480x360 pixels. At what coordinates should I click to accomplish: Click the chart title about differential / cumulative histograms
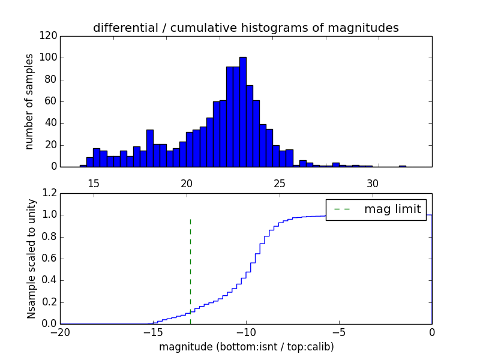click(x=246, y=28)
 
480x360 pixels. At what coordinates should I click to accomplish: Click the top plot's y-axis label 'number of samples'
click(x=29, y=101)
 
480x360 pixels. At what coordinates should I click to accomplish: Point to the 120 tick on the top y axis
click(x=50, y=36)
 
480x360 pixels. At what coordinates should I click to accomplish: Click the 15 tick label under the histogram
click(x=94, y=183)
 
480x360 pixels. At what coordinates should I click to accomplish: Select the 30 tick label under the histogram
click(x=373, y=183)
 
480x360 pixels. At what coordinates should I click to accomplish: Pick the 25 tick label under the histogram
click(x=280, y=183)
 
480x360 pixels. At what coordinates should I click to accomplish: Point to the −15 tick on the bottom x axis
click(x=153, y=332)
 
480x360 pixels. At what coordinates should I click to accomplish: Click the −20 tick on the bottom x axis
click(x=60, y=332)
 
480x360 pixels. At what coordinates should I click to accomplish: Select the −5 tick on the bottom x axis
click(x=339, y=332)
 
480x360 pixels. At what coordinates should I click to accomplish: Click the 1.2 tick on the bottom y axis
click(x=50, y=193)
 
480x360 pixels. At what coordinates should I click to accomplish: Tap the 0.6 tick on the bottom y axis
click(x=50, y=259)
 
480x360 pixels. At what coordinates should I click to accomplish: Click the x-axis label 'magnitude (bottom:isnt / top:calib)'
click(x=246, y=347)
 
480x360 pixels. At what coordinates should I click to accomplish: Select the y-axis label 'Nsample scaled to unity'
click(x=31, y=259)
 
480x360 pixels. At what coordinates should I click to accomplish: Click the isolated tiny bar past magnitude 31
click(x=402, y=166)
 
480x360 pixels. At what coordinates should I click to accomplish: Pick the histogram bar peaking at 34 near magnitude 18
click(x=149, y=148)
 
